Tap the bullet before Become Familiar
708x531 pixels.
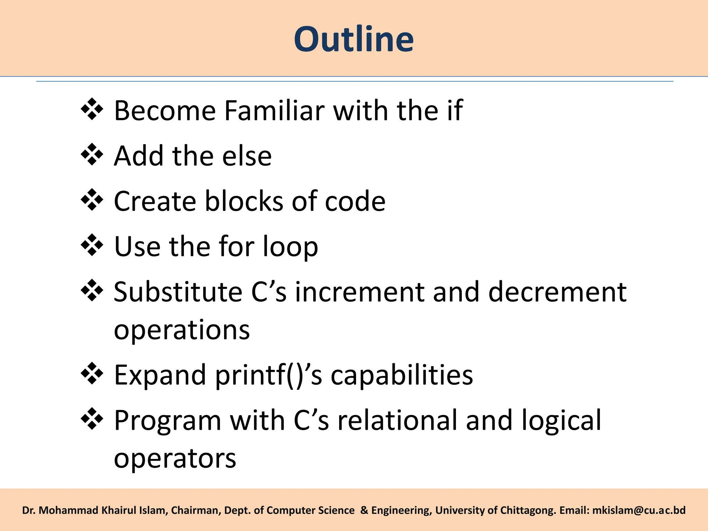92,109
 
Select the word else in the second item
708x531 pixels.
247,156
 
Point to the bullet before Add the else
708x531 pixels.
92,155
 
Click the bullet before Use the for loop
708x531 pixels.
92,245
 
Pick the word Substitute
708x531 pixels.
178,292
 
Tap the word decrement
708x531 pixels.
557,292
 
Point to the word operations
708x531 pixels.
182,330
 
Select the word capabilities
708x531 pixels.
402,375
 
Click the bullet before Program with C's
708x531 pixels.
92,419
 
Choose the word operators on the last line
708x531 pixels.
175,459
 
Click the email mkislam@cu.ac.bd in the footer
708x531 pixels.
639,510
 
